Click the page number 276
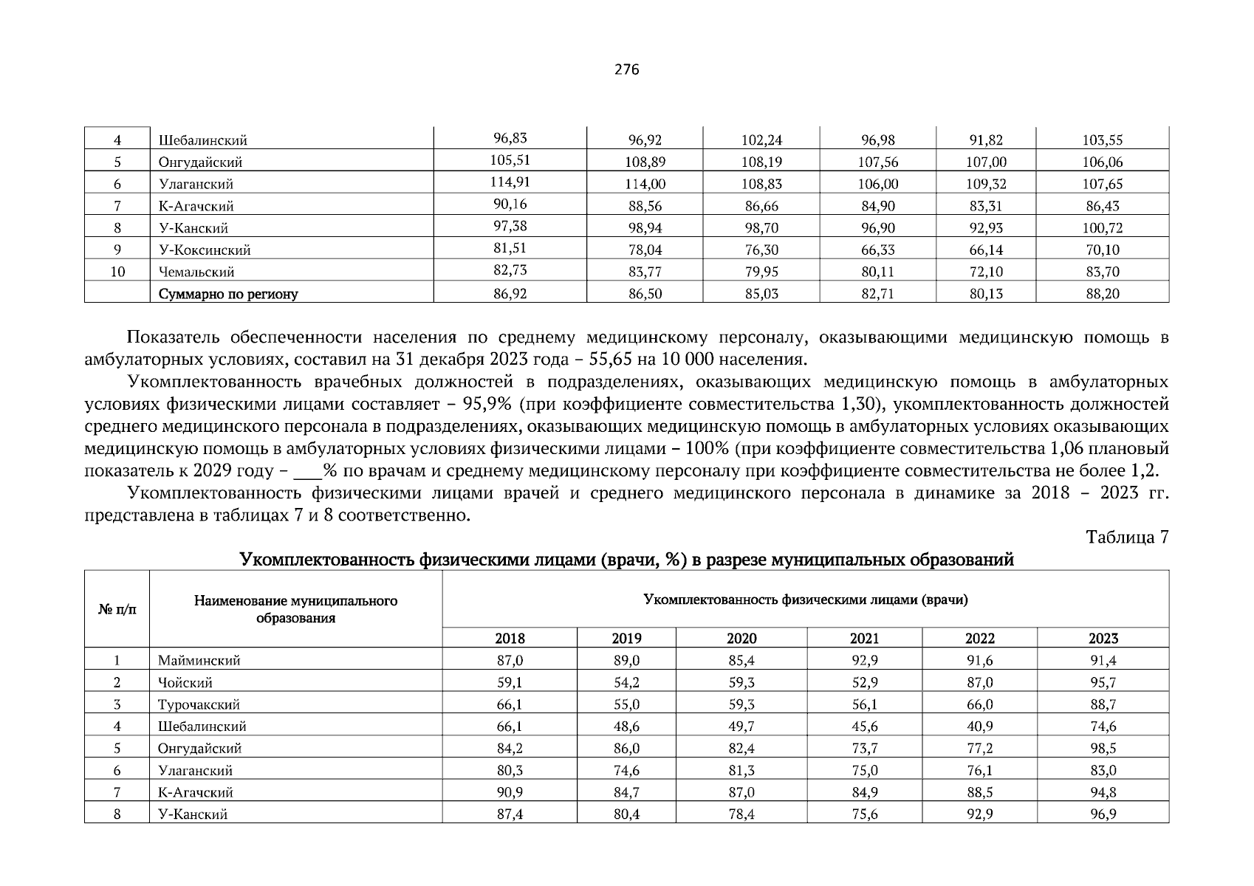point(626,69)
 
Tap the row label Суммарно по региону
point(227,294)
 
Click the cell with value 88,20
point(1103,294)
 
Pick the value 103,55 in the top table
point(1103,140)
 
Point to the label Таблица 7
point(1127,538)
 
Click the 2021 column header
point(864,639)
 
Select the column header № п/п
point(117,610)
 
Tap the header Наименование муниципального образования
point(295,610)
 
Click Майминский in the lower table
point(199,661)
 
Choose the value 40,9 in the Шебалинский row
point(980,727)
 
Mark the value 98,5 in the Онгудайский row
point(1103,749)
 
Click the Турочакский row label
point(199,704)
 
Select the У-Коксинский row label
point(205,250)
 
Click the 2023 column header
point(1103,639)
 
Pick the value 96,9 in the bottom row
point(1103,814)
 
